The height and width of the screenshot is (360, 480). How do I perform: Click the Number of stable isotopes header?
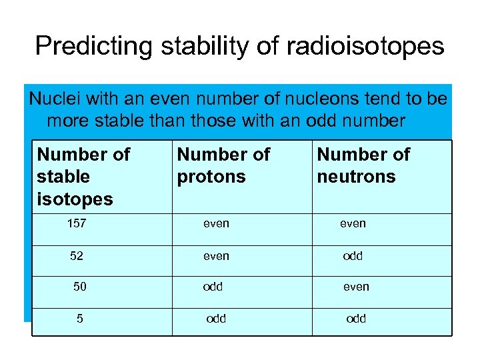83,177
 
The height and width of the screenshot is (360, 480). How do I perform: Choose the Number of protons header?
223,165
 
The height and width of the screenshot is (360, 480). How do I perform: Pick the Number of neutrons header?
363,165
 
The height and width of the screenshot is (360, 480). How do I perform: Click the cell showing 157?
77,224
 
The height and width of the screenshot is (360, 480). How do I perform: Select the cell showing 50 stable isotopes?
80,287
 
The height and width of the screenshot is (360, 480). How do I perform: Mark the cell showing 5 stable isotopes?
80,319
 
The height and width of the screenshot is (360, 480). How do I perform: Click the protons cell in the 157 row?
216,224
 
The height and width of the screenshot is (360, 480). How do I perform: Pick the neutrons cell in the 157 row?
353,224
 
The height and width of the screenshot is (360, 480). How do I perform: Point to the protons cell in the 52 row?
216,255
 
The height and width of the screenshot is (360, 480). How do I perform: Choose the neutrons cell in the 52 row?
353,255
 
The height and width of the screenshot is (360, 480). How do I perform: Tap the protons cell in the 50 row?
213,287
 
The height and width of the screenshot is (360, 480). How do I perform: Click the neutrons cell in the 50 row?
356,287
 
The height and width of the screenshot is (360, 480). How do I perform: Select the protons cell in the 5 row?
216,319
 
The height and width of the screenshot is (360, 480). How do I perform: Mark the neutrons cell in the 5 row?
356,319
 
